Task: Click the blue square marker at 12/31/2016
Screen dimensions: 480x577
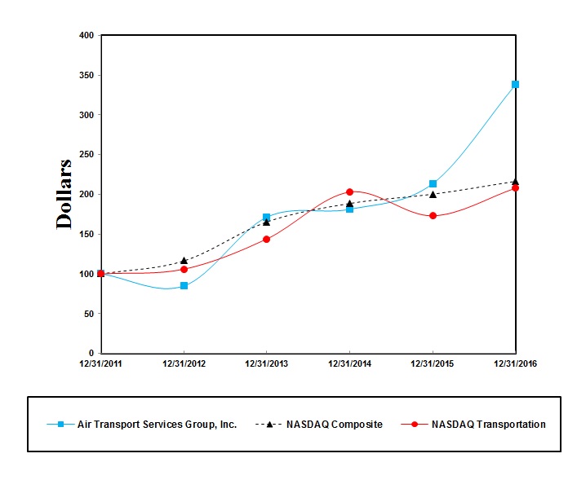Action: (x=515, y=84)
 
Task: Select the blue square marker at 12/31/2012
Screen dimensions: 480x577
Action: (x=184, y=285)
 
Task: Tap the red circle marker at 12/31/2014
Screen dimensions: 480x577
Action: (x=349, y=192)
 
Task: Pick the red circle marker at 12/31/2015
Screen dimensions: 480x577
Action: (x=433, y=216)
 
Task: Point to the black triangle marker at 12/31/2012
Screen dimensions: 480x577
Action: (x=184, y=261)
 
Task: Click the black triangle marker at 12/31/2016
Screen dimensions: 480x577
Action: (x=515, y=182)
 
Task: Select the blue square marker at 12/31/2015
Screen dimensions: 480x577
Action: (x=433, y=183)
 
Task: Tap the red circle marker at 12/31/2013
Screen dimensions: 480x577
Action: (x=266, y=239)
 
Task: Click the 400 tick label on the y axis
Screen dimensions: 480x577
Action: (x=86, y=35)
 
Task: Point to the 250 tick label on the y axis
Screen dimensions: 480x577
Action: (x=86, y=154)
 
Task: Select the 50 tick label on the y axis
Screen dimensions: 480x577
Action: (x=88, y=314)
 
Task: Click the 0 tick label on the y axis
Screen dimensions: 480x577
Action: (x=91, y=353)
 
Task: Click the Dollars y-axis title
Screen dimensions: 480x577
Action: (x=64, y=194)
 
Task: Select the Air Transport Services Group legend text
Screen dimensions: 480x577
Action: (x=157, y=424)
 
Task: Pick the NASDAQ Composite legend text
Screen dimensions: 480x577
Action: (x=334, y=424)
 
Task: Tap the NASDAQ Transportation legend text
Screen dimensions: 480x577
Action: (x=488, y=424)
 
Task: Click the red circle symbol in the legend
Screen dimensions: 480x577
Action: (x=415, y=424)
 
